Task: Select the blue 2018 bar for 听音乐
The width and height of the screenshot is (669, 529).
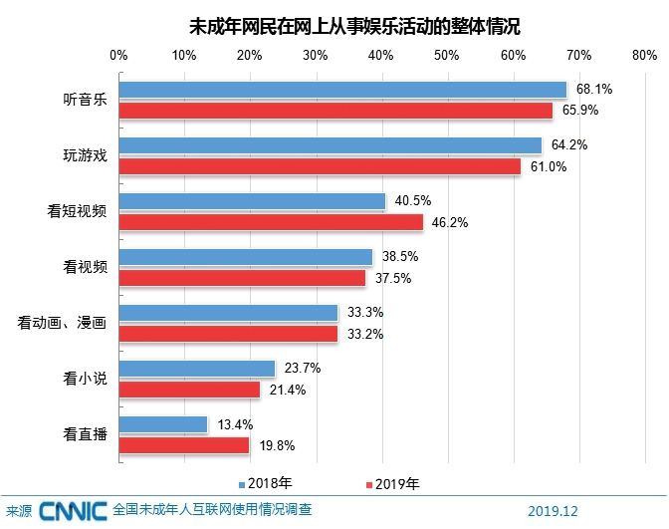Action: point(342,89)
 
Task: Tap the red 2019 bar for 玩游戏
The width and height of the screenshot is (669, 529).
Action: point(320,166)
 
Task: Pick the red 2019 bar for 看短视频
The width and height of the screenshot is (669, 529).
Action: point(271,222)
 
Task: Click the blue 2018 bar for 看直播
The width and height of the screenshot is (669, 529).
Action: point(163,424)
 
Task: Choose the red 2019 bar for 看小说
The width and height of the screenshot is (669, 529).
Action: point(189,390)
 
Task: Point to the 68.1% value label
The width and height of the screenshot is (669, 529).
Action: point(593,89)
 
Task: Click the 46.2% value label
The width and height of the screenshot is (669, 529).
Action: point(451,222)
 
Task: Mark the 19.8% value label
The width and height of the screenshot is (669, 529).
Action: point(277,445)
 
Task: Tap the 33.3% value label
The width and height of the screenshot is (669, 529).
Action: point(365,313)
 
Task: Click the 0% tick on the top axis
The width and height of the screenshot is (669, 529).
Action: point(119,53)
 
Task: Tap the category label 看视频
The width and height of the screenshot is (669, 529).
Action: point(84,267)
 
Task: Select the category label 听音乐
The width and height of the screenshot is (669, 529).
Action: point(84,99)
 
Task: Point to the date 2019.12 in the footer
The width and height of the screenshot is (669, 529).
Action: point(553,511)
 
